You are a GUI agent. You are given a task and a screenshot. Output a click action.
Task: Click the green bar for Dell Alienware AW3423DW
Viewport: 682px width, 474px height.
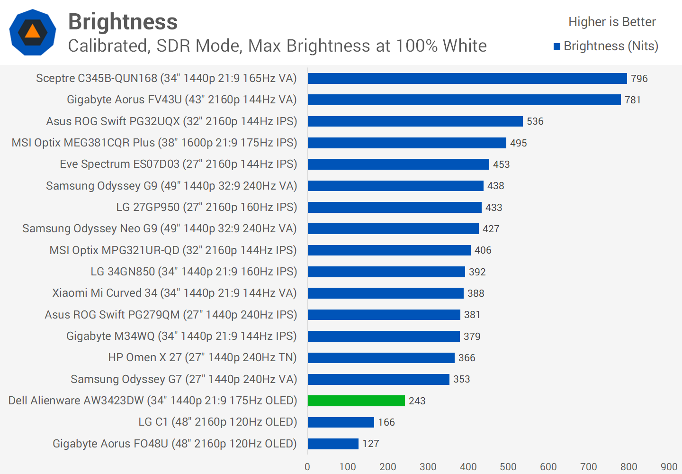(x=356, y=401)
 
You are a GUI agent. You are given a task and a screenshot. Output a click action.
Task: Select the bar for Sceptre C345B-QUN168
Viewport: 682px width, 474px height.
(x=467, y=78)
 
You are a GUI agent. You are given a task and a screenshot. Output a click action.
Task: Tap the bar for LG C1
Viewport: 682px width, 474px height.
(x=341, y=422)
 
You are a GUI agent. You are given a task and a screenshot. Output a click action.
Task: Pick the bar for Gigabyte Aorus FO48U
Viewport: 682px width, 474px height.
(x=333, y=444)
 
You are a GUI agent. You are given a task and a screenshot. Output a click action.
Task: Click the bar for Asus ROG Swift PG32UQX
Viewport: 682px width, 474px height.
(x=415, y=121)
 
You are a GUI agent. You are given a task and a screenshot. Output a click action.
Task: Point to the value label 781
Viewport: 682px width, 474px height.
(x=633, y=100)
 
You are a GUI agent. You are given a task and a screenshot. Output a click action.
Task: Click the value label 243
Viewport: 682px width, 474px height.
(x=417, y=401)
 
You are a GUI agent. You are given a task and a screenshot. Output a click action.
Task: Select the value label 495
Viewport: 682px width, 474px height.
(x=518, y=143)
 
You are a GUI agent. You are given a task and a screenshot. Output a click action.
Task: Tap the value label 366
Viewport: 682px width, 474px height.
(x=467, y=358)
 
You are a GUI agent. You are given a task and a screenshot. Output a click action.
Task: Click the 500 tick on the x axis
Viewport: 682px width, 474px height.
(x=508, y=467)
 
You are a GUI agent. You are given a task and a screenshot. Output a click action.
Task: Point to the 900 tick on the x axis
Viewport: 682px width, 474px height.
(x=669, y=467)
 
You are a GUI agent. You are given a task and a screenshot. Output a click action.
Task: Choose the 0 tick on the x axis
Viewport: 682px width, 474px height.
(x=307, y=467)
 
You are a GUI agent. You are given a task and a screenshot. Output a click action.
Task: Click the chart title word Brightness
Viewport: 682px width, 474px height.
(x=123, y=22)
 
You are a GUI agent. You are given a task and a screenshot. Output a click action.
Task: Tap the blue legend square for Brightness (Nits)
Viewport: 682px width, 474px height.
(x=557, y=46)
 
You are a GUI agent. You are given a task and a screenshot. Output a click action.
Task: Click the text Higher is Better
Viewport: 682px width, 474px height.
(x=612, y=22)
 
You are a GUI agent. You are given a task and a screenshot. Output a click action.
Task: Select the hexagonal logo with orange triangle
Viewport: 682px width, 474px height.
(x=33, y=32)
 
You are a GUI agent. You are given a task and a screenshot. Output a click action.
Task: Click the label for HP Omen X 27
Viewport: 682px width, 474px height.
(x=202, y=357)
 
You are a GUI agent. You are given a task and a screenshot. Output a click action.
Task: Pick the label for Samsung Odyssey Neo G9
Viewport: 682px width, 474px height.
(x=160, y=228)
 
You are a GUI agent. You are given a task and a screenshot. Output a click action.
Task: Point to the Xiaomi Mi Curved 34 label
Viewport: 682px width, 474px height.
(x=174, y=293)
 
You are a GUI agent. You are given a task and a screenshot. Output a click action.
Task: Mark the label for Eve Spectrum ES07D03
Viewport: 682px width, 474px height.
(x=179, y=164)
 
